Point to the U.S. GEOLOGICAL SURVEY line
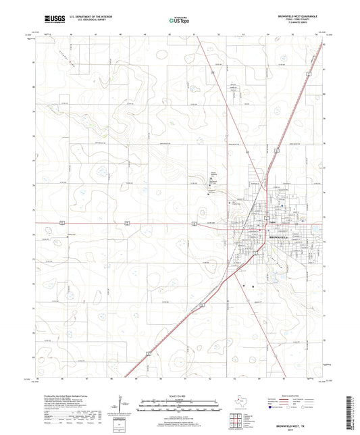80,21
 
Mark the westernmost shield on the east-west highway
61,223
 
